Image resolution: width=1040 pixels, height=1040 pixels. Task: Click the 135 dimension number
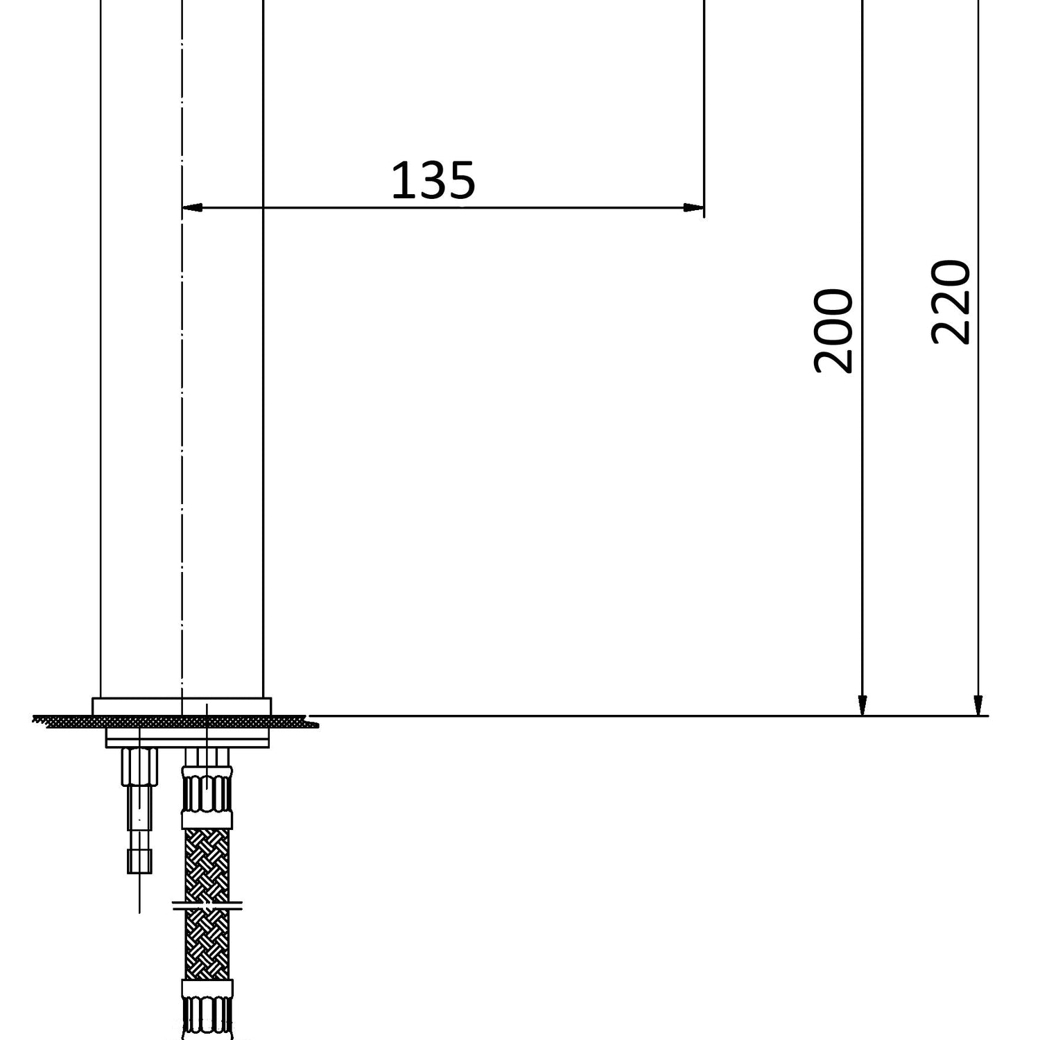point(433,180)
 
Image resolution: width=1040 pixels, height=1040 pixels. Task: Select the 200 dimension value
point(833,331)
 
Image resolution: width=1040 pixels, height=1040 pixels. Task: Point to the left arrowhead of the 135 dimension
point(192,207)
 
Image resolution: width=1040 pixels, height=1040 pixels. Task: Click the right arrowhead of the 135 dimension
point(694,207)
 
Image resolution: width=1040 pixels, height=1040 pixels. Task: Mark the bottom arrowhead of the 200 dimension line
point(863,705)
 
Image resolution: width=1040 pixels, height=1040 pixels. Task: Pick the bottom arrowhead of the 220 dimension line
point(978,705)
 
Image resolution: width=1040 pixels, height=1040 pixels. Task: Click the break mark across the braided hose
point(207,904)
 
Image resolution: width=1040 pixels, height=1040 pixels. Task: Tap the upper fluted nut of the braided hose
point(207,792)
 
